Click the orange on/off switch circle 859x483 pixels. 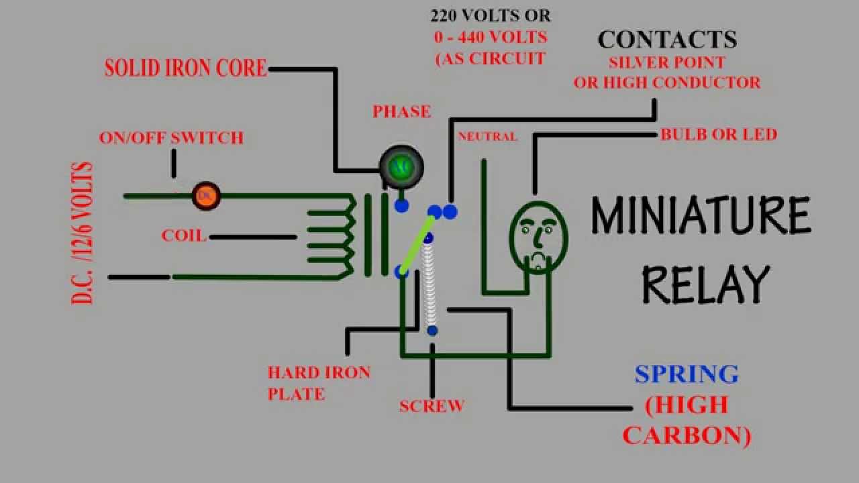pos(206,196)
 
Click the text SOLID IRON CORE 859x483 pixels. pos(185,68)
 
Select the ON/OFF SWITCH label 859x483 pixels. pos(171,138)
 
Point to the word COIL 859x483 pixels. pos(183,236)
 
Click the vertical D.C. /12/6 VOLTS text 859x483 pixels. pos(82,233)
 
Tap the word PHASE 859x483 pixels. pos(402,111)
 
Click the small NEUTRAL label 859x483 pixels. pos(487,137)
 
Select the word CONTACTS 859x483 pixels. pos(667,40)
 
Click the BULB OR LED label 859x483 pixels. pos(719,134)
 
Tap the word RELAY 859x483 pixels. pos(705,284)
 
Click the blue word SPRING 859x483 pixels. pos(687,374)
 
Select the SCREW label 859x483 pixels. pos(432,406)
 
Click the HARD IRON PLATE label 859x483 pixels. pos(319,383)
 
